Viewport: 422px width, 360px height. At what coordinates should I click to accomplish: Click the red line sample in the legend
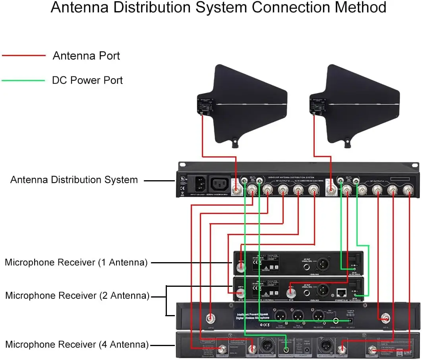coord(24,56)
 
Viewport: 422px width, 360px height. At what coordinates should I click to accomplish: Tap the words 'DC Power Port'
coord(87,80)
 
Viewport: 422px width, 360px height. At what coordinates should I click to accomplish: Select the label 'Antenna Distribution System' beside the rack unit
coord(74,180)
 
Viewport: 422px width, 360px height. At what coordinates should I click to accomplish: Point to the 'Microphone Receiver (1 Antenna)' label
coord(76,263)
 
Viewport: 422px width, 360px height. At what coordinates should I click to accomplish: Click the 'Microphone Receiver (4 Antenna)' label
coord(77,344)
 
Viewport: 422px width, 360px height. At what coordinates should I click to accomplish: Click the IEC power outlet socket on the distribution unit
coord(220,184)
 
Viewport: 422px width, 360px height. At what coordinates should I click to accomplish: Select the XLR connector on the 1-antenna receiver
coord(323,263)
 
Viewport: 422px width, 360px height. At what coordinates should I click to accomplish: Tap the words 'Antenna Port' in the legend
coord(86,56)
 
